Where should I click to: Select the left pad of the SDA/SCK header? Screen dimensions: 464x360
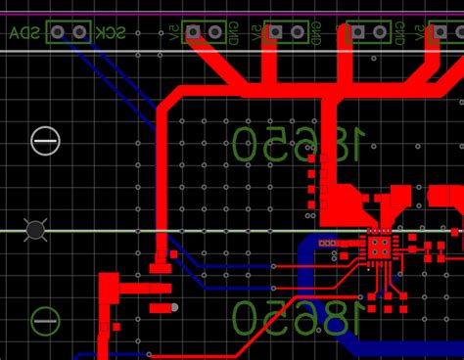[58, 32]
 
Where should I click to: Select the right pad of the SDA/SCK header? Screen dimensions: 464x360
[79, 32]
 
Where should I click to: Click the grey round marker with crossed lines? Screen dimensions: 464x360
[35, 230]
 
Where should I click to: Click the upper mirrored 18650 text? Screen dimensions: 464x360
[298, 145]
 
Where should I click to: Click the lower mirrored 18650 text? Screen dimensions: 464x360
[298, 319]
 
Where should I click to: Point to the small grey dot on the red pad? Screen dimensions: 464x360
[174, 308]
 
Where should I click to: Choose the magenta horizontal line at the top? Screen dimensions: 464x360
[232, 15]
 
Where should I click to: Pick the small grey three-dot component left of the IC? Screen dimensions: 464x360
[328, 243]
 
